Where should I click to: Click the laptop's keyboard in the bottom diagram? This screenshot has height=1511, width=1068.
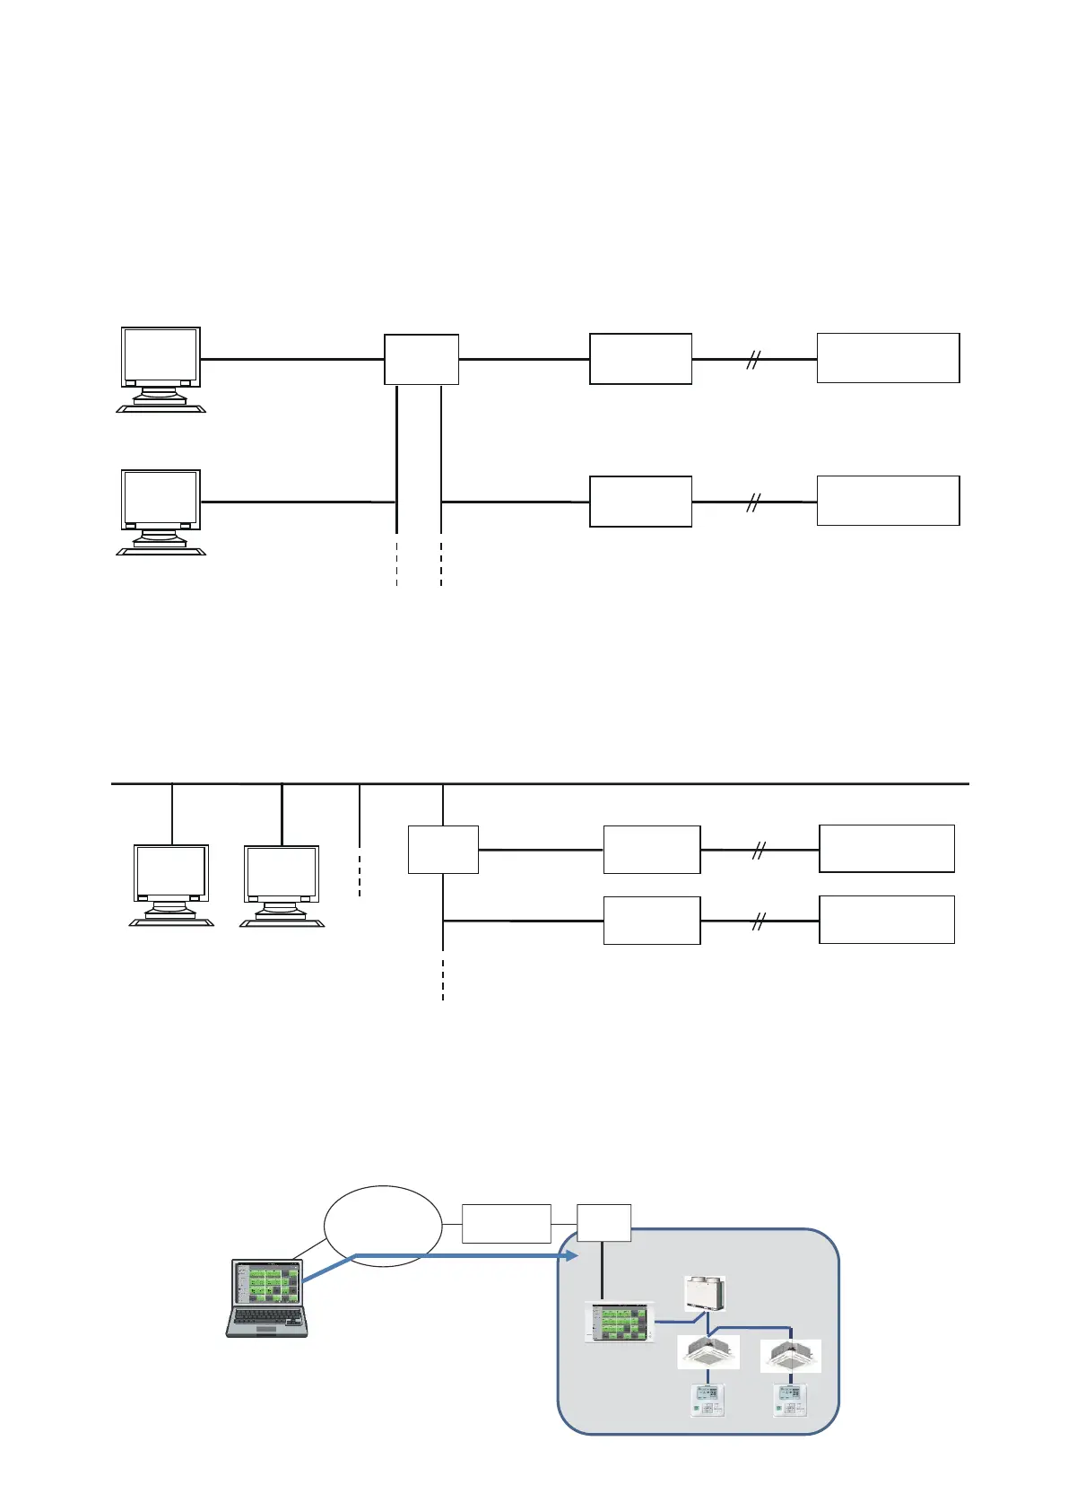coord(266,1318)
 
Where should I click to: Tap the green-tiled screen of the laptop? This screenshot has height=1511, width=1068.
coord(267,1282)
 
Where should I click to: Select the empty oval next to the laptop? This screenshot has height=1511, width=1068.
coord(383,1226)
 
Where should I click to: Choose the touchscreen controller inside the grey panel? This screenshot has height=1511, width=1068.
coord(619,1322)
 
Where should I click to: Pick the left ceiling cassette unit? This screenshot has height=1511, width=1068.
coord(708,1351)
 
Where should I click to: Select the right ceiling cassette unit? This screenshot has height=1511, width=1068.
coord(790,1355)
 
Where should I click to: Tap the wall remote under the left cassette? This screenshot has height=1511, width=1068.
coord(708,1400)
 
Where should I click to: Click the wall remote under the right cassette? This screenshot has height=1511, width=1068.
coord(790,1400)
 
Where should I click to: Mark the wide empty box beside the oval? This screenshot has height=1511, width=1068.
coord(506,1223)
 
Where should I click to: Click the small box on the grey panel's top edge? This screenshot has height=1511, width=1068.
coord(603,1223)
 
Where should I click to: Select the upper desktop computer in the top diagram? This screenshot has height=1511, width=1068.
coord(161,369)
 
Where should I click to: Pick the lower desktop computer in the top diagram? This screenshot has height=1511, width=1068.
coord(161,511)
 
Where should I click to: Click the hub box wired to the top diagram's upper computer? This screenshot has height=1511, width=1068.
coord(421,359)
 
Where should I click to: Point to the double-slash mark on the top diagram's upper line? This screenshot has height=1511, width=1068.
coord(753,360)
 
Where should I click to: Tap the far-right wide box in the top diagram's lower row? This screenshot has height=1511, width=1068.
coord(888,501)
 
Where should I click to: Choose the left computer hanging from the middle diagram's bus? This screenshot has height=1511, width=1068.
coord(171,884)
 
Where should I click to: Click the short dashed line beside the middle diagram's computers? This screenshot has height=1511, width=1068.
coord(360,870)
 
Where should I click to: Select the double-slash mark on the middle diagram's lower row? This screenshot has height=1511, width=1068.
coord(759,921)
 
